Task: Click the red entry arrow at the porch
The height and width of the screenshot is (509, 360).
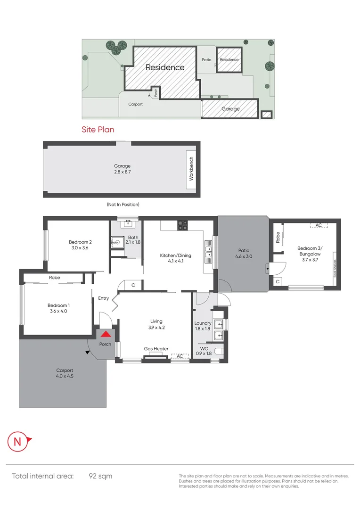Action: click(x=106, y=334)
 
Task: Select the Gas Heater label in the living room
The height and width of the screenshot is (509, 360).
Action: click(x=156, y=349)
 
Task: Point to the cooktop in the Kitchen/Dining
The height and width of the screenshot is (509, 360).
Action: click(x=182, y=225)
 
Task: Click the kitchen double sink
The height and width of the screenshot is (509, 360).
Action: click(x=208, y=250)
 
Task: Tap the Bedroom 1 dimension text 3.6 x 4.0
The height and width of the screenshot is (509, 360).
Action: click(x=59, y=311)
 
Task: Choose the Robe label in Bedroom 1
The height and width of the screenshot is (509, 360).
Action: click(x=55, y=278)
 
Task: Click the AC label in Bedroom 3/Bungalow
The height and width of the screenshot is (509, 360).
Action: click(x=319, y=225)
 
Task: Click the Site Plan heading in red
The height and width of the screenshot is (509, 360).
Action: click(x=98, y=129)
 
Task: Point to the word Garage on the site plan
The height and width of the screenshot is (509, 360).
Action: click(x=230, y=109)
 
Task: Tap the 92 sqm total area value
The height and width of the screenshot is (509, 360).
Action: click(x=100, y=476)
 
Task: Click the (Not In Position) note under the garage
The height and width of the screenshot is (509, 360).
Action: click(x=123, y=205)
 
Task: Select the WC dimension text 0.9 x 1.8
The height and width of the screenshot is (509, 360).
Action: click(x=204, y=353)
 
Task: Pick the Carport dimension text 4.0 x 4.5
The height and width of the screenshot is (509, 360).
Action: click(x=65, y=376)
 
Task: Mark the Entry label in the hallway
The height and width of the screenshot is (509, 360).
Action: click(x=103, y=298)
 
